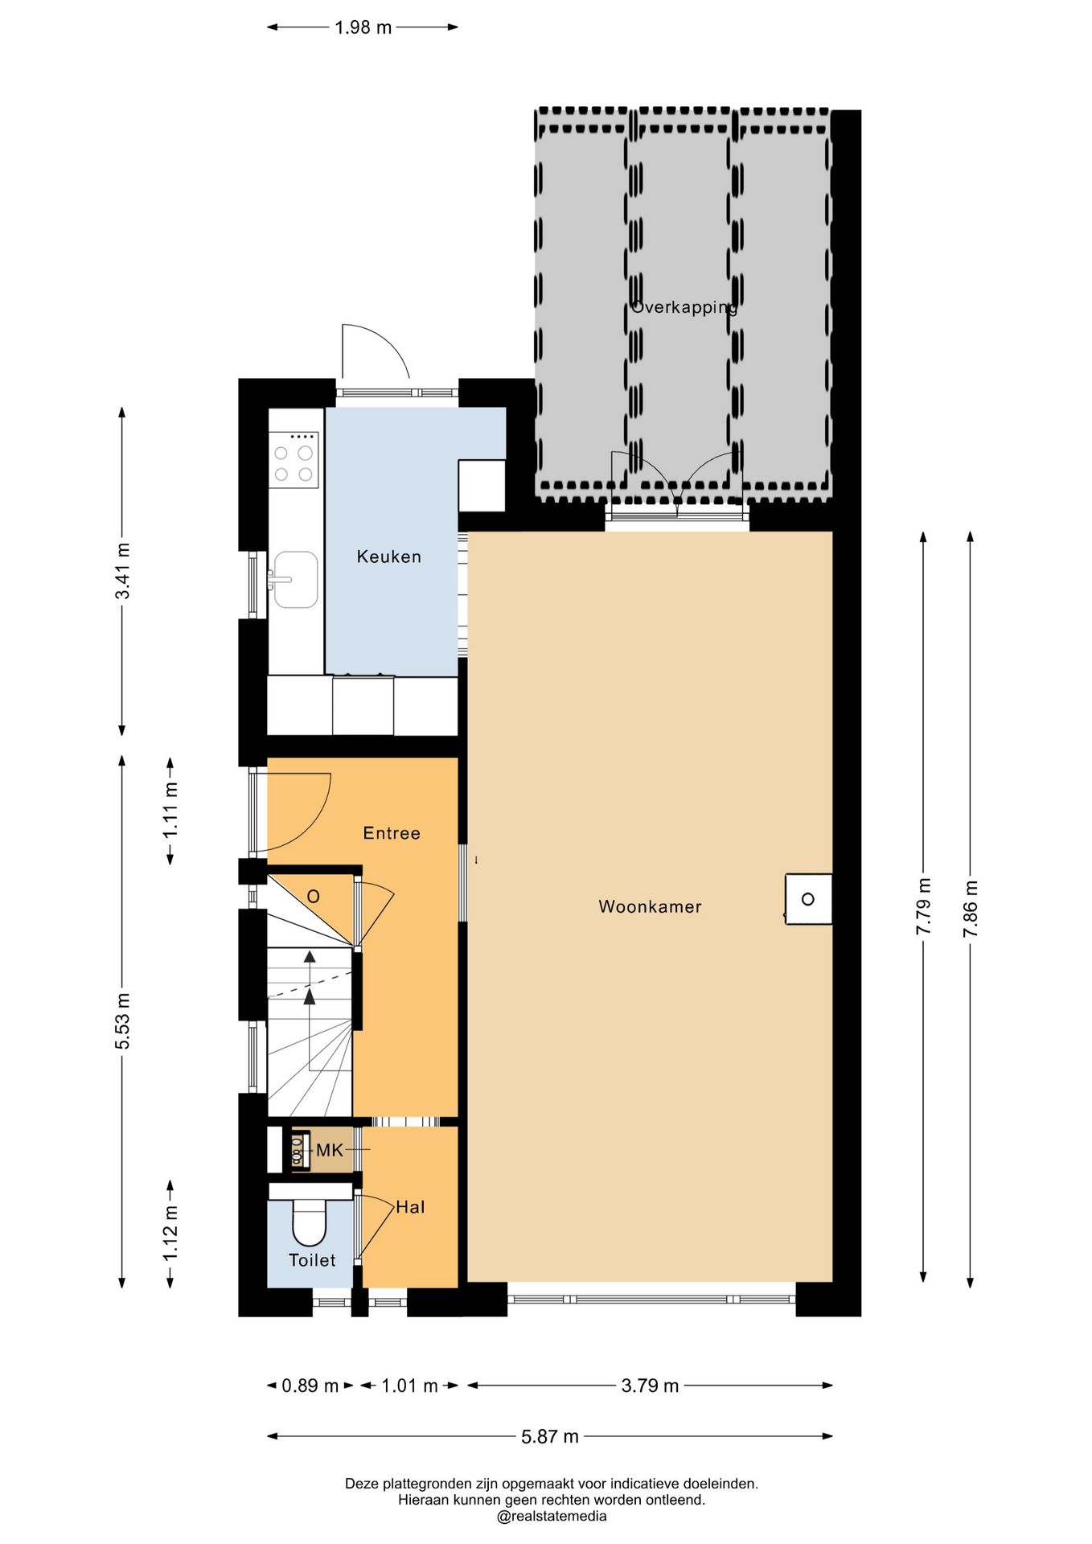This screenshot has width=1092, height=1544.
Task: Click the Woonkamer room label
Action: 650,906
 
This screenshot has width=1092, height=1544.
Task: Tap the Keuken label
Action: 388,556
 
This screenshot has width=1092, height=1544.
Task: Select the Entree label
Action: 392,833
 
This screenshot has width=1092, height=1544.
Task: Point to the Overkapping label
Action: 684,307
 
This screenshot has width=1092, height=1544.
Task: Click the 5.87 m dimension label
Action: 550,1436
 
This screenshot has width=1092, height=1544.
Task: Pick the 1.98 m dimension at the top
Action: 363,27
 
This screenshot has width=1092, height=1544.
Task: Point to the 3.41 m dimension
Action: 122,571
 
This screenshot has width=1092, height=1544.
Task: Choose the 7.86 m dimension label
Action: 971,909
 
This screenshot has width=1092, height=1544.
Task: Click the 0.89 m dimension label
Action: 310,1386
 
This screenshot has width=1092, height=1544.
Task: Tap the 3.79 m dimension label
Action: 650,1386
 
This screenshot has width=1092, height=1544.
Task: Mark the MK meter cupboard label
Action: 330,1151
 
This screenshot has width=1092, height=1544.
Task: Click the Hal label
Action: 410,1207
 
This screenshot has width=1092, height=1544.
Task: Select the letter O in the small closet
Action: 314,897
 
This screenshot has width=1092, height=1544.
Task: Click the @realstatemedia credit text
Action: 552,1517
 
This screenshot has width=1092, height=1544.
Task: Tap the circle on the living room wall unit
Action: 808,899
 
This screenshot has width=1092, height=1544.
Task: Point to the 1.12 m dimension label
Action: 170,1234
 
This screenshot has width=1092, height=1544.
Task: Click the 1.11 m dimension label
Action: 170,810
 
